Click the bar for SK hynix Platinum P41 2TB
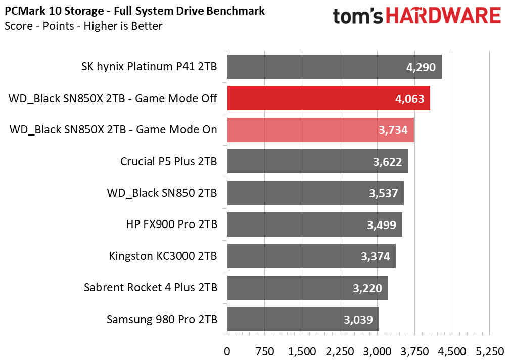(334, 67)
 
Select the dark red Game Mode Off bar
(328, 98)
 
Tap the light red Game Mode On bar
(320, 130)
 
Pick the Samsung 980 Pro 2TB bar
(303, 319)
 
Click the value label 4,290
(421, 67)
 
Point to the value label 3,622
(387, 162)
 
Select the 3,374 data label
(375, 256)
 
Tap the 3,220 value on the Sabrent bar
(367, 288)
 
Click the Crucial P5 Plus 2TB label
(169, 162)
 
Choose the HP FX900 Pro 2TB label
(171, 224)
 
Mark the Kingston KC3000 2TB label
(163, 256)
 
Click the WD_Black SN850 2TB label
(162, 193)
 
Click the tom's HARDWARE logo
(416, 16)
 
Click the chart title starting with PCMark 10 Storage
(135, 11)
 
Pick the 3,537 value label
(383, 193)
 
